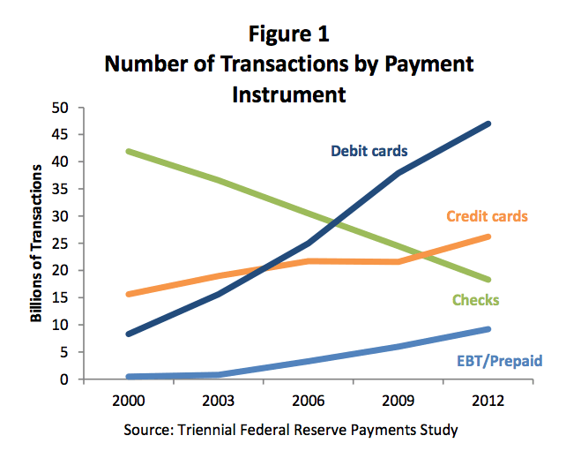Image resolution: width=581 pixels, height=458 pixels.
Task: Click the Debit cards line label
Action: (369, 151)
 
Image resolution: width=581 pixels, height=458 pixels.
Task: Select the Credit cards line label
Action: (487, 216)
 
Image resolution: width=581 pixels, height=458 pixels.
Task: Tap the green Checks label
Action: (476, 300)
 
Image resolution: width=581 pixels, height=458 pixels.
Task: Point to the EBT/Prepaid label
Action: (500, 361)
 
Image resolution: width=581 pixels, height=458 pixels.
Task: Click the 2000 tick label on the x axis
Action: (128, 401)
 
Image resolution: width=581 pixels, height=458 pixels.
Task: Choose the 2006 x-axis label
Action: (308, 401)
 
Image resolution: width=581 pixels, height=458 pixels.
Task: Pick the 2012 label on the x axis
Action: (488, 401)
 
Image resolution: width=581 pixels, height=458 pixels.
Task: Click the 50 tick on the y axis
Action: (60, 108)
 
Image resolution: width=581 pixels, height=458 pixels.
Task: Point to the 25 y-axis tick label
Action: (60, 244)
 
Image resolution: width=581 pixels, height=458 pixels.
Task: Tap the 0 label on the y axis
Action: (64, 379)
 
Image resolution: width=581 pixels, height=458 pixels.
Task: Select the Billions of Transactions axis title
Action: (36, 244)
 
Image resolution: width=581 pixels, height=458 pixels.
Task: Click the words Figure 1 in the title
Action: (288, 34)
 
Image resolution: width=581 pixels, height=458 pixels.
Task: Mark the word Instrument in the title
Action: (289, 94)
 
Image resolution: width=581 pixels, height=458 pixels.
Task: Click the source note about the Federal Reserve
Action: (291, 430)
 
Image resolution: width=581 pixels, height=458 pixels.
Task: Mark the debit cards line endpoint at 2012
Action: (488, 124)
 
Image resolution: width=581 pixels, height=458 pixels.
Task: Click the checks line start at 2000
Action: (129, 151)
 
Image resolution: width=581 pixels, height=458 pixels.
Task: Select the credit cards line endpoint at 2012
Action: (488, 237)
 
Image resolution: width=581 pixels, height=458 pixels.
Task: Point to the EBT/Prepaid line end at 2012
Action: (488, 329)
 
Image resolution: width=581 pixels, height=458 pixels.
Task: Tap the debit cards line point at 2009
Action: (399, 173)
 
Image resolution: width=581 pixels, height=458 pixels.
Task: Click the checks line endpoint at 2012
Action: (488, 280)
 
